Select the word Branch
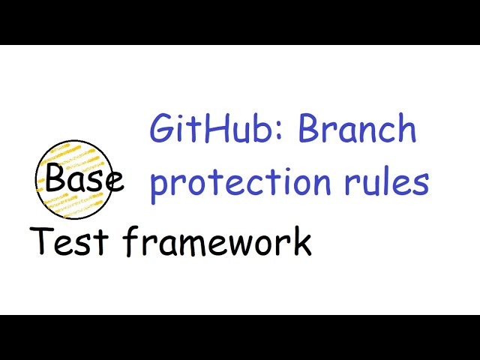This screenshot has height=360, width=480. pyautogui.click(x=357, y=130)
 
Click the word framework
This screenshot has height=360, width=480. pyautogui.click(x=217, y=241)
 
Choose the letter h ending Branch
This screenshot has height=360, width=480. pyautogui.click(x=406, y=130)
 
